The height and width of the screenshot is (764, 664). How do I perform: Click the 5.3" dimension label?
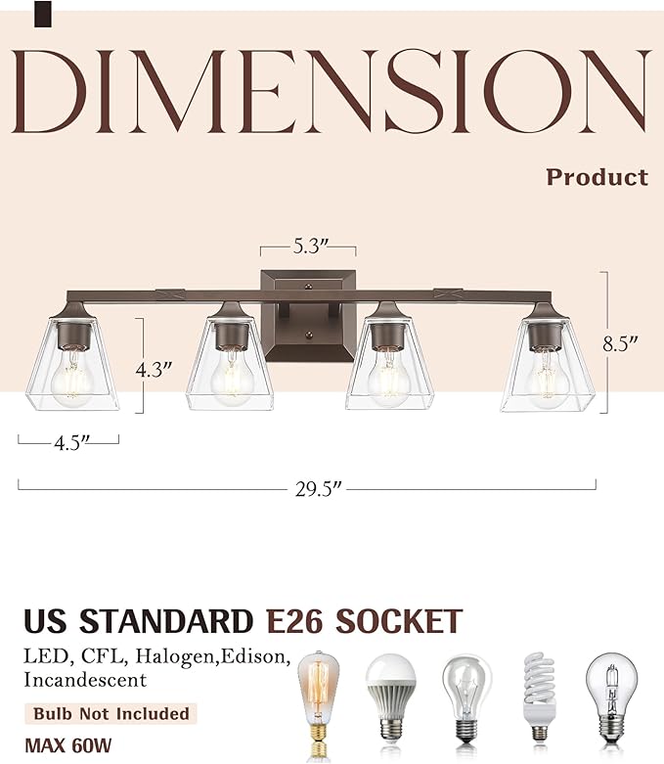point(306,247)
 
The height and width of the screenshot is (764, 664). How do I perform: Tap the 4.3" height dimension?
point(155,370)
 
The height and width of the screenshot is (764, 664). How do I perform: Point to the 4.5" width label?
point(67,441)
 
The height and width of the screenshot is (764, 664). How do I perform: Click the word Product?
point(597,177)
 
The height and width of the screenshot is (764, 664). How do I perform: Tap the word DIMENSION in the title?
point(332,91)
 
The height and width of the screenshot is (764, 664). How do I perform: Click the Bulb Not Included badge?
point(110,713)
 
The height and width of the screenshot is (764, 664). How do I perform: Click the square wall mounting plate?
point(306,313)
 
